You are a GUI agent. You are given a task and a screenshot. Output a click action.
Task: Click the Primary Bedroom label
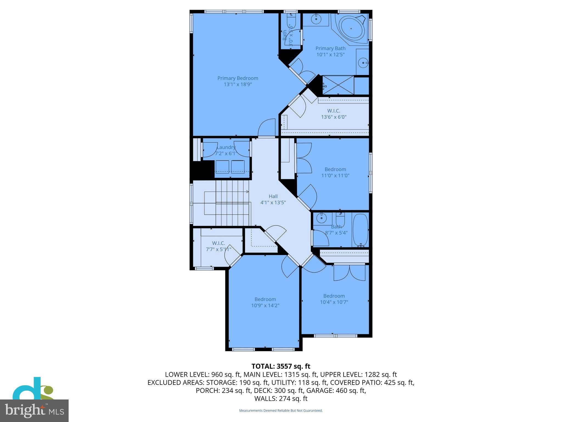click(238, 78)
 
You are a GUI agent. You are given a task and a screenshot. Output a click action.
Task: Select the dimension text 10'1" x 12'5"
click(330, 54)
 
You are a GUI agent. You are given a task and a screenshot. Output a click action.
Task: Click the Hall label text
click(273, 196)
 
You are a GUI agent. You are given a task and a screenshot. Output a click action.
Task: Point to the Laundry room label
click(226, 147)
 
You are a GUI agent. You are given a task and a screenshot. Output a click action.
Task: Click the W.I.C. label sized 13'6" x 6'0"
click(334, 111)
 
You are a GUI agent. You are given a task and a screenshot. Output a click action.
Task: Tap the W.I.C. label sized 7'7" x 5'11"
click(218, 243)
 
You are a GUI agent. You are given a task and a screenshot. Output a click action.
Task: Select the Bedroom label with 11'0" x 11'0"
click(335, 170)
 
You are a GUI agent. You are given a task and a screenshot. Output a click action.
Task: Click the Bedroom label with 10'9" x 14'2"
click(265, 299)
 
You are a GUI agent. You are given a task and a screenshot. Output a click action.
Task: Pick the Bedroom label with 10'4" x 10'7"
click(334, 296)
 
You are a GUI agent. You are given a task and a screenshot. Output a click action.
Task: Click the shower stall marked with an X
click(338, 85)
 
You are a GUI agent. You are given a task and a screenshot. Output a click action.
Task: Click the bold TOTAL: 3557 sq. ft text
click(281, 366)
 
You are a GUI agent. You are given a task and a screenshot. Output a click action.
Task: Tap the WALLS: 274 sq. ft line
click(281, 399)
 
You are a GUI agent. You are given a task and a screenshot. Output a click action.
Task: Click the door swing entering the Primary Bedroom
click(267, 127)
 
